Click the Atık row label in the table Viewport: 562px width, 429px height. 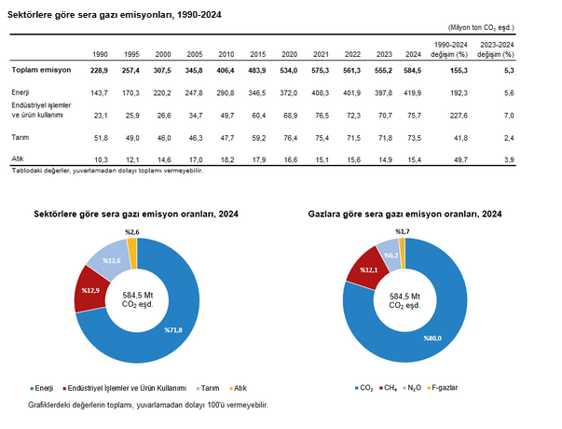[x=18, y=159]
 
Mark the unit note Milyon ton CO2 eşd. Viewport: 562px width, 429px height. [x=509, y=30]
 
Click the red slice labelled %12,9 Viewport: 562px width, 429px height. [x=89, y=291]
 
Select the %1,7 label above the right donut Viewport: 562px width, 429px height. [x=402, y=230]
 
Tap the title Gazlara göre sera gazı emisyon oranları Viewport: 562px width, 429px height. [x=404, y=214]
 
